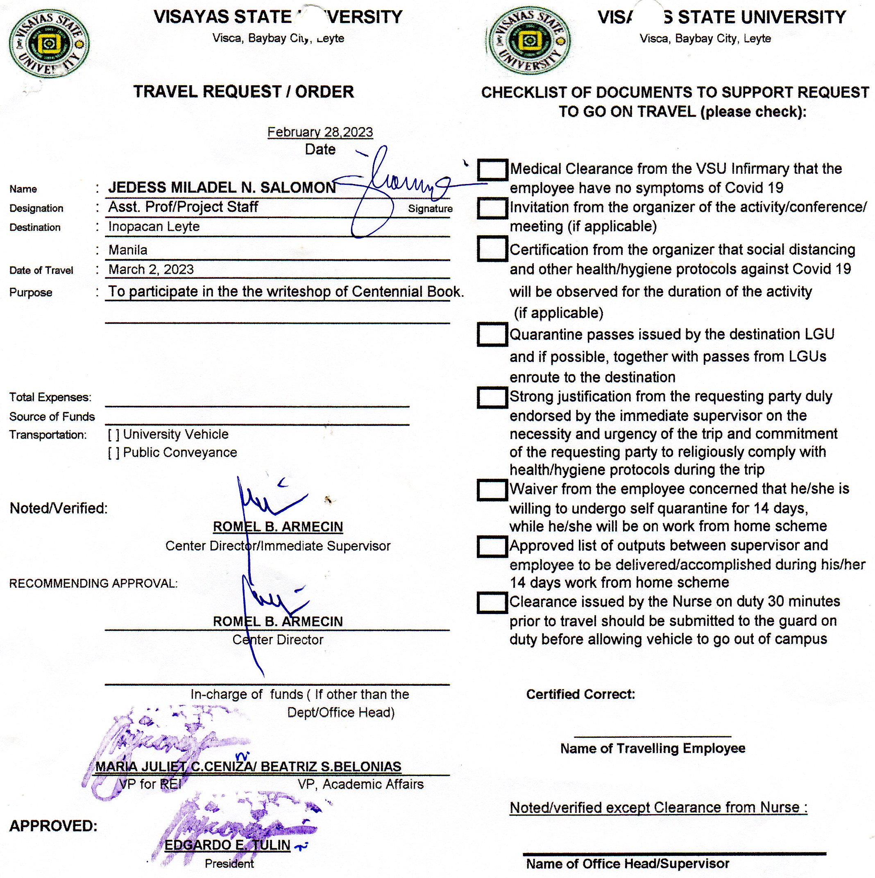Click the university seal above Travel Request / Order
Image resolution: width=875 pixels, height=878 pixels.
[x=49, y=43]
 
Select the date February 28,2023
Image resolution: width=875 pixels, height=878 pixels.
[x=320, y=132]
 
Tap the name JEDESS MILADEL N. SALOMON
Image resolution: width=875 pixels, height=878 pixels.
[x=222, y=188]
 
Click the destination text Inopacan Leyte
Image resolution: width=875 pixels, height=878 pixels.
[x=154, y=226]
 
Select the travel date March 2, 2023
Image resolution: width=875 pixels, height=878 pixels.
[x=151, y=269]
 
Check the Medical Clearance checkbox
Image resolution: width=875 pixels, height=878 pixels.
[x=492, y=170]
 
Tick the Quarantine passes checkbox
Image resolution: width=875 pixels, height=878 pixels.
[x=492, y=334]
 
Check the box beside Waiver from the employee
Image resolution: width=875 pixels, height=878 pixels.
[x=492, y=490]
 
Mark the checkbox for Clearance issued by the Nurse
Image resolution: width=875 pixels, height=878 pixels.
[x=492, y=603]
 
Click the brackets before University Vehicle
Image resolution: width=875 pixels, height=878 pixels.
[x=113, y=434]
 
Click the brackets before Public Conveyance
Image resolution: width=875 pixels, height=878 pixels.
[x=113, y=453]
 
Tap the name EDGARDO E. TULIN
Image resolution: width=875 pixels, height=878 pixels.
[x=227, y=845]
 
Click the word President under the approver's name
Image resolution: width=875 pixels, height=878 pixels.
[x=229, y=864]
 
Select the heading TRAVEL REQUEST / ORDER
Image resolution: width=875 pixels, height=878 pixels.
[x=243, y=92]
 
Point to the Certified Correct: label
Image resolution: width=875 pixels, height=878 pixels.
[x=580, y=694]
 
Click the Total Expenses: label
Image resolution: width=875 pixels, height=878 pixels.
[x=50, y=397]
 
